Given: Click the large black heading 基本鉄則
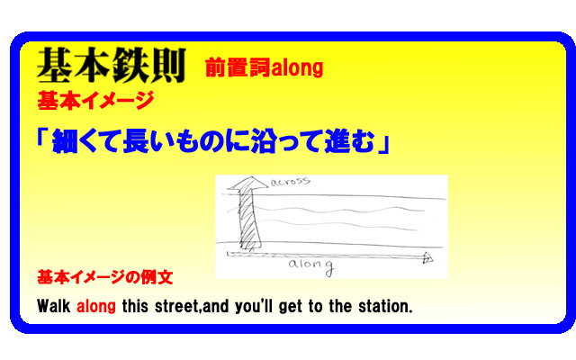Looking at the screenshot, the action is click(x=112, y=66).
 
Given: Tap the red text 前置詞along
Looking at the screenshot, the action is click(x=264, y=68).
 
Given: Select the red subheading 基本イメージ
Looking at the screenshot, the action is click(x=95, y=101).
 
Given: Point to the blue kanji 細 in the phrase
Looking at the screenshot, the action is click(x=65, y=141).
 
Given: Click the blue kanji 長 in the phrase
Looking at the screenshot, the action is click(x=136, y=141).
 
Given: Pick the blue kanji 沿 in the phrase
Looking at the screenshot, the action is click(x=264, y=141).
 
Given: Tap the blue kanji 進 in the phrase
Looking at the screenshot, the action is click(x=337, y=141).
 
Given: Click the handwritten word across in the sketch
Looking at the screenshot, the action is click(x=290, y=182).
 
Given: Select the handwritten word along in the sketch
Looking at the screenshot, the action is click(x=311, y=265).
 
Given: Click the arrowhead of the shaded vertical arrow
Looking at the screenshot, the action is click(x=247, y=184).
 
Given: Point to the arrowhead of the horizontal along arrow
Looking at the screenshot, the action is click(x=428, y=257).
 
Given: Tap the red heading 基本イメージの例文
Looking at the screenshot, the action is click(x=105, y=277).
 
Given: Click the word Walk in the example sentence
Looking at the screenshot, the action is click(x=54, y=306).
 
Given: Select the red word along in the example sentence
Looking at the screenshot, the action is click(x=96, y=307).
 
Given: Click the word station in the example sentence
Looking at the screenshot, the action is click(x=385, y=306).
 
